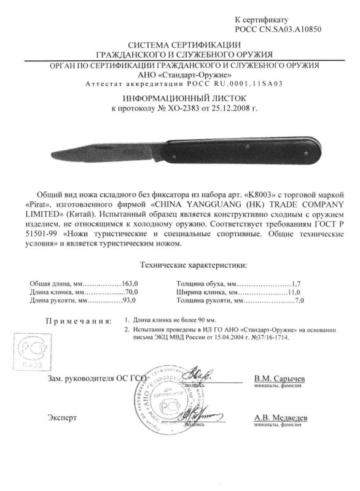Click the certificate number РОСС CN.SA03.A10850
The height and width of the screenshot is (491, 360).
278,28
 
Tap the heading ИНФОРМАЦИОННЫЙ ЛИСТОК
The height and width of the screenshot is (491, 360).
179,97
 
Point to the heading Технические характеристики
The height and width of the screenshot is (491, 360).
186,265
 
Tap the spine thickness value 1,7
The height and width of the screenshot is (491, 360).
299,284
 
